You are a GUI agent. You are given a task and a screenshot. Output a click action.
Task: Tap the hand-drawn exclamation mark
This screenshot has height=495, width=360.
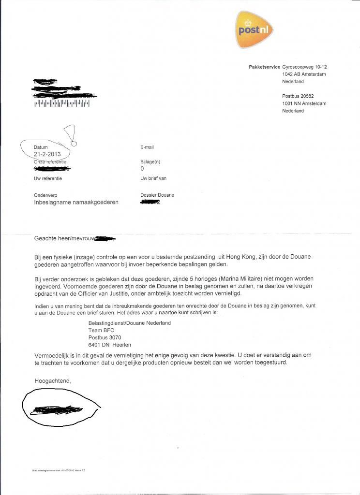[71, 134]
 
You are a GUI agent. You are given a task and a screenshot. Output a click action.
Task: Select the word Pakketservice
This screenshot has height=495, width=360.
[264, 67]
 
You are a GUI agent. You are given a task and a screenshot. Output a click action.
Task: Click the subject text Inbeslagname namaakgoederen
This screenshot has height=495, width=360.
[76, 203]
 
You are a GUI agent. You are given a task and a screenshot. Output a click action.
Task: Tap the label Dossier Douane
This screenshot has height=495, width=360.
[157, 195]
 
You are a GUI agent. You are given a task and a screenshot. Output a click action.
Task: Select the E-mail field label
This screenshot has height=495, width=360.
[147, 147]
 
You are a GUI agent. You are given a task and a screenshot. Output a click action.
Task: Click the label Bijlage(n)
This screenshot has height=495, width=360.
[150, 162]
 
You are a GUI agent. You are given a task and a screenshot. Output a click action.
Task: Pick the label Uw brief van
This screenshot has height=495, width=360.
[153, 178]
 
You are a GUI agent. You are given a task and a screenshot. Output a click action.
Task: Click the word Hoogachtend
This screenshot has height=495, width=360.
[53, 381]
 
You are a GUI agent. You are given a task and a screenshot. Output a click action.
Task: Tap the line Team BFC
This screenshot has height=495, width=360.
[102, 330]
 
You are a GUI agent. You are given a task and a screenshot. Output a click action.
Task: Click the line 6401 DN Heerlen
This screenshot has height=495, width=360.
[110, 345]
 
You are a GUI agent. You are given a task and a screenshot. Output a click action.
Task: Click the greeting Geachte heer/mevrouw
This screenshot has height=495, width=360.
[64, 238]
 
